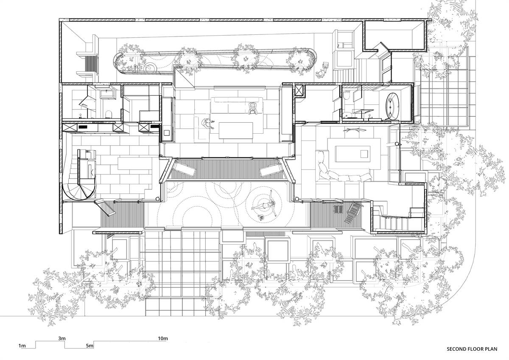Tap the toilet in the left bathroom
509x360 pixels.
point(109,114)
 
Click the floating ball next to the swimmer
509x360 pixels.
point(262,217)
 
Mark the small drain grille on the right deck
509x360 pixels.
point(338,208)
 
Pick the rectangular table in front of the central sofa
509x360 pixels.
point(236,130)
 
